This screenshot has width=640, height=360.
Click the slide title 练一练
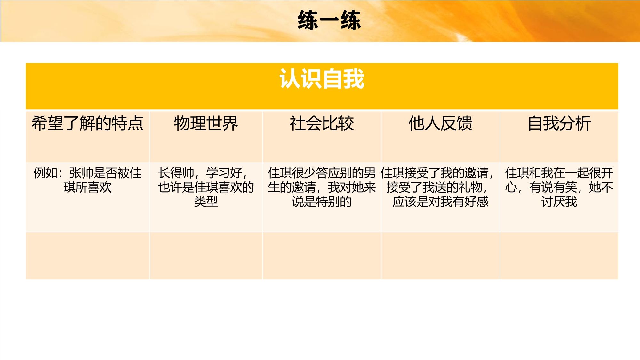point(329,20)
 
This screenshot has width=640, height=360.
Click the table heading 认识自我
point(322,79)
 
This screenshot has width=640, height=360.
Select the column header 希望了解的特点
point(87,123)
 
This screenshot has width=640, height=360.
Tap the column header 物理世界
point(206,123)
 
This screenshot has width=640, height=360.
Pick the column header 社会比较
point(322,123)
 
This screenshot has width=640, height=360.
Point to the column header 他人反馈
point(440,123)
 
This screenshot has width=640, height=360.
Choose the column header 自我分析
point(559,123)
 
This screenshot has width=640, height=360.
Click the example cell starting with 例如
point(87,180)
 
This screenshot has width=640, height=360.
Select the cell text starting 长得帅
point(206,187)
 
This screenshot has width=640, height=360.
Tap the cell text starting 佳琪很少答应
point(322,187)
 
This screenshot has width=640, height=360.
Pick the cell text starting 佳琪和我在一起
point(559,187)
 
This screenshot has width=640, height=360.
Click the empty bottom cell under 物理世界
point(206,256)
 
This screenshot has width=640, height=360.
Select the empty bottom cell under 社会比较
point(322,256)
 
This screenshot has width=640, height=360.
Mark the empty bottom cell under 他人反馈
point(440,256)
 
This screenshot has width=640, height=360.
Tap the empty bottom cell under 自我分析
point(559,256)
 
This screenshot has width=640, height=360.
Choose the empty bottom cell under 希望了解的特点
point(87,256)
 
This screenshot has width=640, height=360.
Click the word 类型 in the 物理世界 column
point(206,202)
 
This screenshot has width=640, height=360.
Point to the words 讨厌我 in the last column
point(559,202)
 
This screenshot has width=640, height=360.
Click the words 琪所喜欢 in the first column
point(87,188)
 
